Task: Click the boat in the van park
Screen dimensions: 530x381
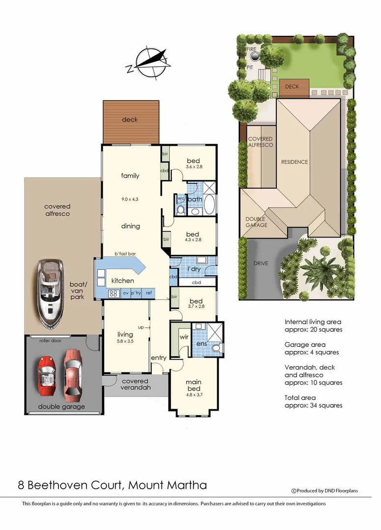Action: (x=51, y=294)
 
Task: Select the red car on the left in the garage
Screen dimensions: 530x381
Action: (x=48, y=376)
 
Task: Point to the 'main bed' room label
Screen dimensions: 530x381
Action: (x=193, y=382)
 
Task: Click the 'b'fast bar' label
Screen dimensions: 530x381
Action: (x=125, y=254)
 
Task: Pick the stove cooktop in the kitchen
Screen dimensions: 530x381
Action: (x=113, y=293)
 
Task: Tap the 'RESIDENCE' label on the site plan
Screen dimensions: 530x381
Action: (x=294, y=162)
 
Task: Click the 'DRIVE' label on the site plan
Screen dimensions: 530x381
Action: (x=261, y=264)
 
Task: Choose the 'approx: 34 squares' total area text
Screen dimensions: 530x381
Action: (x=313, y=405)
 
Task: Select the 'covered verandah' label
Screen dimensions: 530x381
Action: (x=135, y=384)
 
